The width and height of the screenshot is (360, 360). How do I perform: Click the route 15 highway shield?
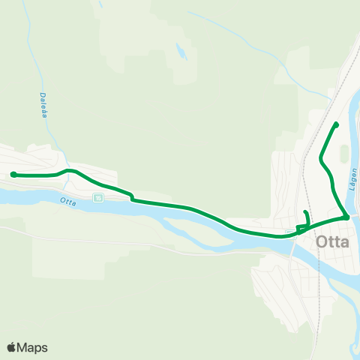[x=97, y=197]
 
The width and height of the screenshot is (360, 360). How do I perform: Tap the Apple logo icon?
[x=11, y=347]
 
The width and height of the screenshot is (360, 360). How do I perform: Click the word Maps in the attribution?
[x=32, y=347]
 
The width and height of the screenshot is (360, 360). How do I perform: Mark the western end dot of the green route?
[x=13, y=175]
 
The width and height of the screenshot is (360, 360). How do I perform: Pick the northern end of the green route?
[x=336, y=124]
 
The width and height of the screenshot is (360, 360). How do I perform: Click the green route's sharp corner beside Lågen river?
[x=346, y=217]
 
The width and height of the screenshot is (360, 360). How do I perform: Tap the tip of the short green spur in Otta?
[x=304, y=213]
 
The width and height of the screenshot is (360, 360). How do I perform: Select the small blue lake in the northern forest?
[x=180, y=52]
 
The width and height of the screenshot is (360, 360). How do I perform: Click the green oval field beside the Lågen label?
[x=344, y=154]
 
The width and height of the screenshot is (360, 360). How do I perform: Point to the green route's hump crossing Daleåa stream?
[x=70, y=171]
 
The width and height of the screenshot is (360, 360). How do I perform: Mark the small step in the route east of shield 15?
[x=131, y=197]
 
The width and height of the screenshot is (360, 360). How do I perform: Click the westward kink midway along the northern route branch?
[x=321, y=158]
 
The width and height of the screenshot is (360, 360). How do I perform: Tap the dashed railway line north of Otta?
[x=305, y=172]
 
